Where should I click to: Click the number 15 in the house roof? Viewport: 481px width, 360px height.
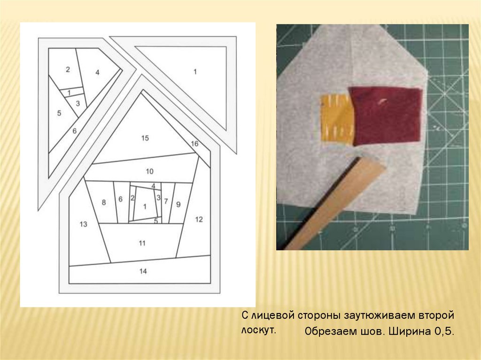click(145, 138)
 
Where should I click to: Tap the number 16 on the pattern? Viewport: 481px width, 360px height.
click(194, 144)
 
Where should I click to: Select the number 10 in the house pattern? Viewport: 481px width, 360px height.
click(149, 171)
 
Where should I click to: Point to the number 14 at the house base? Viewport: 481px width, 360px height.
click(143, 271)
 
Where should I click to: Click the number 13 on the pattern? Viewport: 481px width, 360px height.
click(84, 224)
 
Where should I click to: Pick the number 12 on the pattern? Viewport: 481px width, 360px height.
click(199, 219)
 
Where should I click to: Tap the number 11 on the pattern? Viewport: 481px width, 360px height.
click(142, 243)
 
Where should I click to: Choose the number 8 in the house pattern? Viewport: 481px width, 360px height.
click(104, 202)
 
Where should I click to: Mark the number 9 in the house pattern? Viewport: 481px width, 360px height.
click(178, 204)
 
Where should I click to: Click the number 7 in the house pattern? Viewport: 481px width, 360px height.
click(166, 201)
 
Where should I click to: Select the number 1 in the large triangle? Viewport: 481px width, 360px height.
click(195, 72)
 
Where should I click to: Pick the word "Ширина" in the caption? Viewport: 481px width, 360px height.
click(409, 331)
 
